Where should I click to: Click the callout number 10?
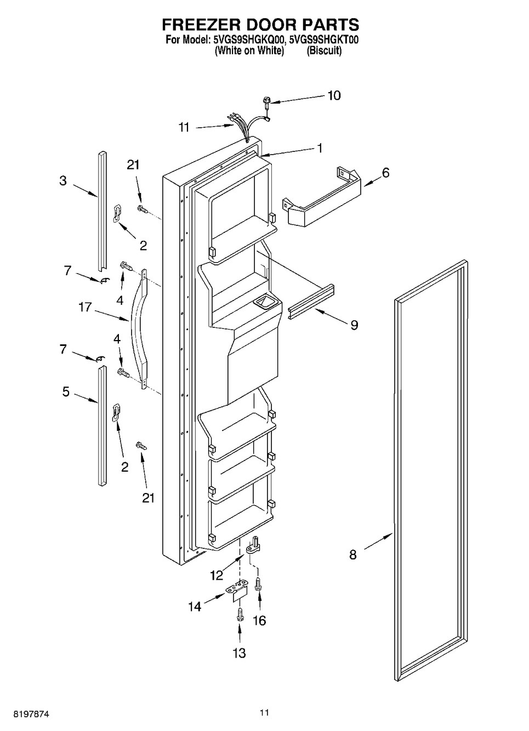coord(334,95)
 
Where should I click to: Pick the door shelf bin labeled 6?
coord(322,201)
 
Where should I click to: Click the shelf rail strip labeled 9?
coord(311,302)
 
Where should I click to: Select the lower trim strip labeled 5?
coord(102,426)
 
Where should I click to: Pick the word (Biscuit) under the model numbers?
coord(324,51)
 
